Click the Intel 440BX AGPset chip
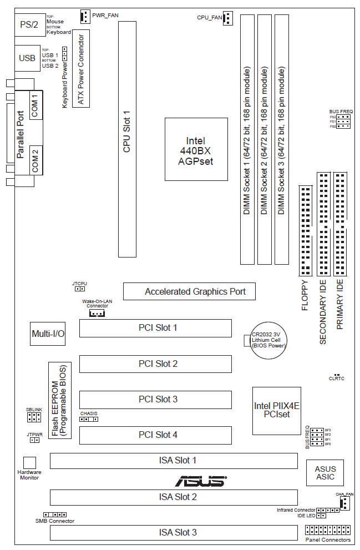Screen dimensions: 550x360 tap(196, 149)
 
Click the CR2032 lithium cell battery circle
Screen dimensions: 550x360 tap(268, 339)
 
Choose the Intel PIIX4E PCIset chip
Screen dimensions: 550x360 tap(276, 410)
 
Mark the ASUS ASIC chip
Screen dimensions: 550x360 tap(325, 473)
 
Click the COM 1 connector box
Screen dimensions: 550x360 tap(34, 103)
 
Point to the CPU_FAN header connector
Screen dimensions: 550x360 tap(229, 18)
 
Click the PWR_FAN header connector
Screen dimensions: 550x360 tap(85, 17)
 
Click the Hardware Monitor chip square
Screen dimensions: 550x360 tap(29, 463)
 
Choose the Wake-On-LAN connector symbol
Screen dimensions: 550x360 tap(97, 314)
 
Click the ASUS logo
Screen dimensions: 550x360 tap(201, 481)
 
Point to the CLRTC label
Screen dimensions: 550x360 tap(337, 379)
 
